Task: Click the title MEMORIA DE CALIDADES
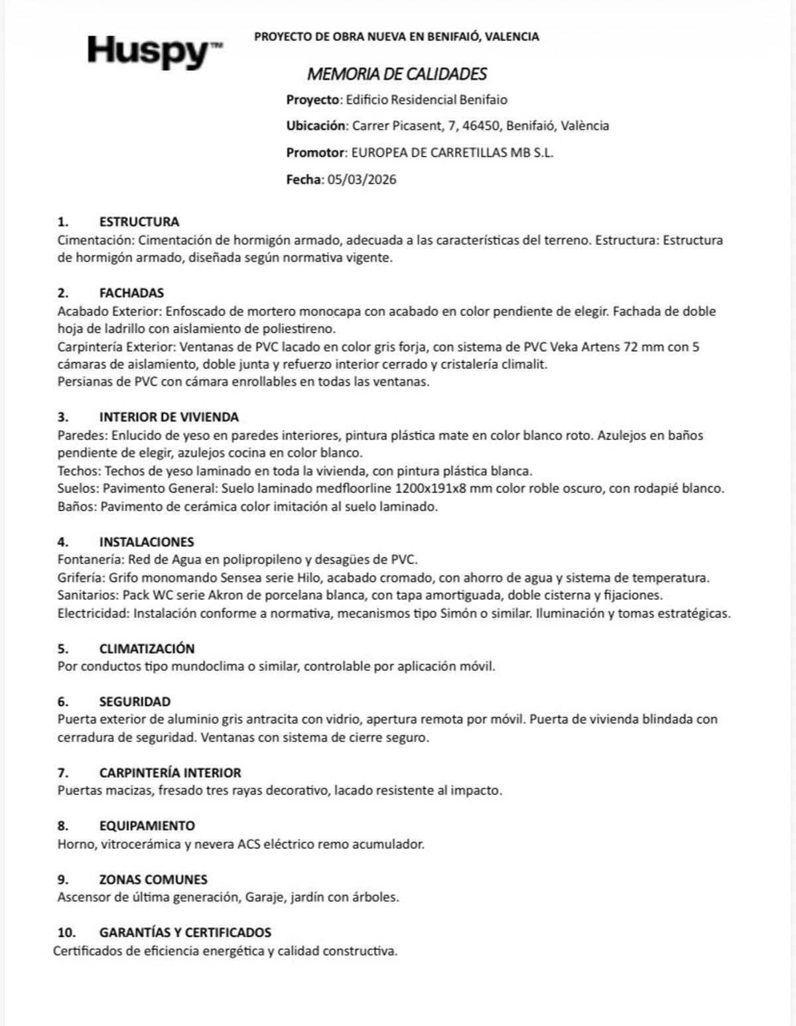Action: [x=397, y=74]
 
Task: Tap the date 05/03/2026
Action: [x=362, y=179]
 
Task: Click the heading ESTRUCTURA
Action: [x=139, y=222]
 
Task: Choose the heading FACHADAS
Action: [x=131, y=293]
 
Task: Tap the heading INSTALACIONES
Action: [x=147, y=542]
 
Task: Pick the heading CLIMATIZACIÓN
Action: [x=147, y=648]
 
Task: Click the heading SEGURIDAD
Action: [x=135, y=701]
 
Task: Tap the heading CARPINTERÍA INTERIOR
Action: [x=170, y=772]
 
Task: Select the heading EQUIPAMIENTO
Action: [x=147, y=826]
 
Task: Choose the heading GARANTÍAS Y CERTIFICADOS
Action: [x=185, y=932]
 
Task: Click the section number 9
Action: [x=63, y=879]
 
